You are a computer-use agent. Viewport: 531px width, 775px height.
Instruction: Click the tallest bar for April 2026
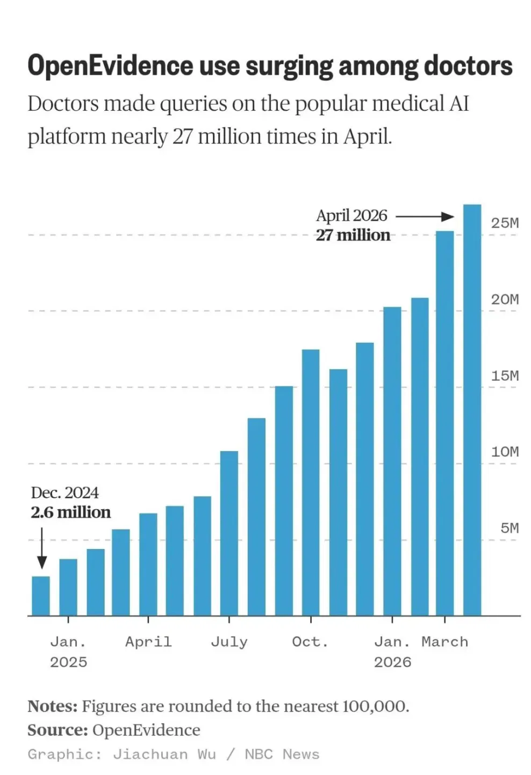[x=472, y=410]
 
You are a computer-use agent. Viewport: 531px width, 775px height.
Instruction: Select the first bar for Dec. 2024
[x=41, y=596]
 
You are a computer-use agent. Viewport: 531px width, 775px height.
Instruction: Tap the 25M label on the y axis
[x=505, y=223]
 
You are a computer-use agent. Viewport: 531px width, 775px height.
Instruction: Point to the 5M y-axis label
[x=510, y=528]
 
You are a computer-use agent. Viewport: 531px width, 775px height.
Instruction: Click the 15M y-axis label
[x=505, y=376]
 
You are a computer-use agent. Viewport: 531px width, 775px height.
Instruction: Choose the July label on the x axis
[x=229, y=642]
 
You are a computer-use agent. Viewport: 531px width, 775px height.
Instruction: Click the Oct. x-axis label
[x=310, y=642]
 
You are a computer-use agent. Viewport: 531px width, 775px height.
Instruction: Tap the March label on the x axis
[x=445, y=642]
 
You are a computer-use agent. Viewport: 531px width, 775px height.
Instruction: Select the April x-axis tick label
[x=148, y=642]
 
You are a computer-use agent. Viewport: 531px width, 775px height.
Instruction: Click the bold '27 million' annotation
[x=353, y=235]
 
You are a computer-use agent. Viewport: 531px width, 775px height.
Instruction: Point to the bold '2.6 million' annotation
[x=71, y=512]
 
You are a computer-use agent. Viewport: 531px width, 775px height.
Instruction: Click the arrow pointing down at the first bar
[x=42, y=548]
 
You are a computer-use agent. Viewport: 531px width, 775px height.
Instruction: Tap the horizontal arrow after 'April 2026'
[x=425, y=217]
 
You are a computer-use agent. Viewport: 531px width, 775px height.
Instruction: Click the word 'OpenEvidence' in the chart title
[x=110, y=66]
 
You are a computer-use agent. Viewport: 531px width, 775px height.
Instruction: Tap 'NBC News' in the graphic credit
[x=282, y=754]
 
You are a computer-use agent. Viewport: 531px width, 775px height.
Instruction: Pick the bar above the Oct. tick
[x=311, y=483]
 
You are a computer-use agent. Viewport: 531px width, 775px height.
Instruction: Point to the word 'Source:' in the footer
[x=58, y=730]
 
